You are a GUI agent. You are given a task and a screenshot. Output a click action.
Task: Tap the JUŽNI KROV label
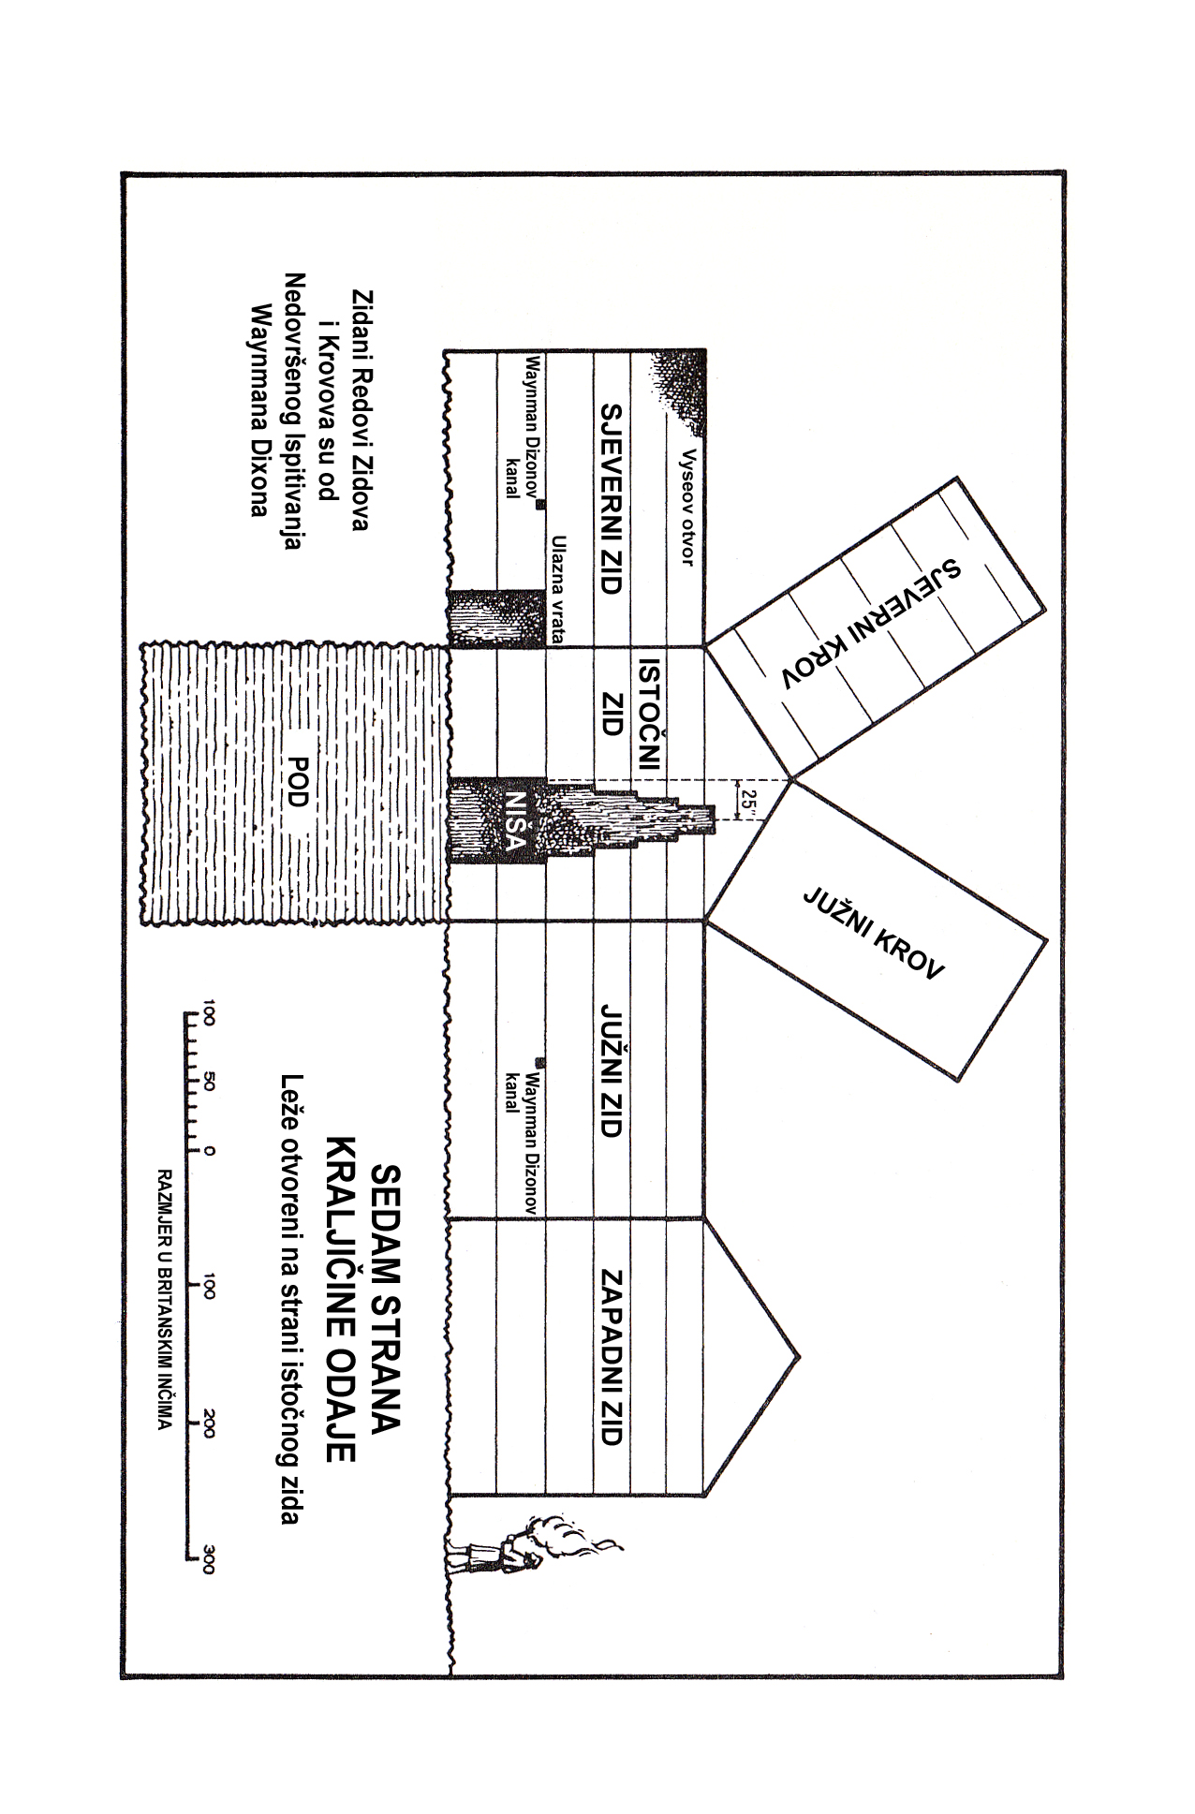874,933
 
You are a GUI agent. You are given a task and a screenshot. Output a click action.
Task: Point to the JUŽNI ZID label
611,1071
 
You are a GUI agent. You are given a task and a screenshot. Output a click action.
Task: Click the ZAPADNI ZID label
611,1357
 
